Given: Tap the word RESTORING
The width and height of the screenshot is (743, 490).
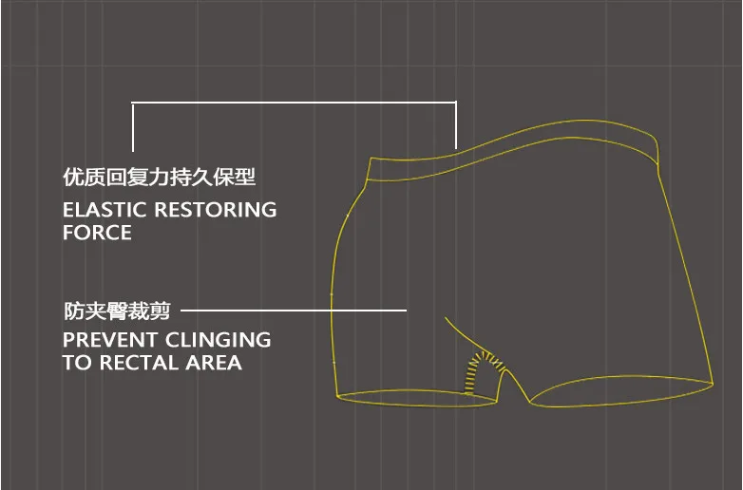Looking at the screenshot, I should click(215, 209).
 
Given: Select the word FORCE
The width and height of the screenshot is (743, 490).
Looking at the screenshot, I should click(97, 233).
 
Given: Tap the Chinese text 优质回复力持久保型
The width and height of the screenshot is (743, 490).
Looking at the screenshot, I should click(159, 178).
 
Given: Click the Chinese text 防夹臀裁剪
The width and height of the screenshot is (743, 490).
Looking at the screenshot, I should click(117, 311).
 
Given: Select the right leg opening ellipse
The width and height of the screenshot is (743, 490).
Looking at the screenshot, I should click(620, 390).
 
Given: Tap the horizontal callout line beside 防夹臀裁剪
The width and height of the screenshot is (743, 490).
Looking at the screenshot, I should click(294, 311).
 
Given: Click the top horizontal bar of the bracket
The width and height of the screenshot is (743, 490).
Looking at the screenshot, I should click(295, 104).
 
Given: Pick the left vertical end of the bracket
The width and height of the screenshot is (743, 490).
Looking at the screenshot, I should click(133, 127).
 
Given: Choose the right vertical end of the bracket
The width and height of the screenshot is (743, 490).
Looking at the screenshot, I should click(456, 125).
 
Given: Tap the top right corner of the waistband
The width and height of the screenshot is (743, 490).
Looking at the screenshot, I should click(656, 135).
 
